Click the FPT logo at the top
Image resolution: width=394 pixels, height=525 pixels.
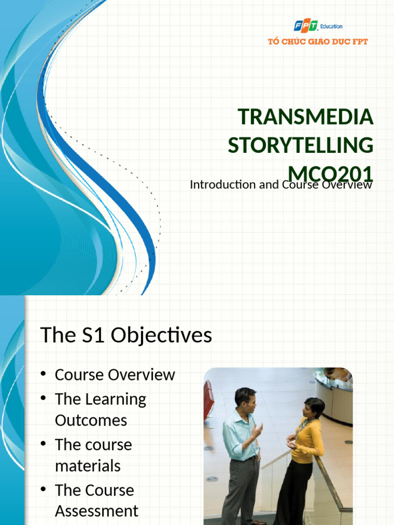tap(306, 26)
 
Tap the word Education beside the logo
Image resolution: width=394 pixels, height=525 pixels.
tap(331, 26)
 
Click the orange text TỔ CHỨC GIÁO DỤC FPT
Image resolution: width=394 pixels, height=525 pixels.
tap(318, 42)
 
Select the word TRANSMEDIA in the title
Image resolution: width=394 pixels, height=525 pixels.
tap(306, 116)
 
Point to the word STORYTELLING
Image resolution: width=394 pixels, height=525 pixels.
tap(301, 145)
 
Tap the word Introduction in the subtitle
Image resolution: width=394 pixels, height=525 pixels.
tap(223, 185)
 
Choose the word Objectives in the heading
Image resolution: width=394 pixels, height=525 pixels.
tap(161, 335)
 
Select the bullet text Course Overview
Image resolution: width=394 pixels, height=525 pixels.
tap(115, 375)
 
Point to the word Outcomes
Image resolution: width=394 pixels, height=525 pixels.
tap(91, 420)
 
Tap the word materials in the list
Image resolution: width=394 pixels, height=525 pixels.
tap(88, 466)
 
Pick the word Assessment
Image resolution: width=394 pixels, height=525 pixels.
tap(96, 511)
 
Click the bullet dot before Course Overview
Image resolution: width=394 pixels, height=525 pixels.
tap(43, 374)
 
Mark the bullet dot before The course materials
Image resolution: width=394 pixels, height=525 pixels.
tap(43, 443)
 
